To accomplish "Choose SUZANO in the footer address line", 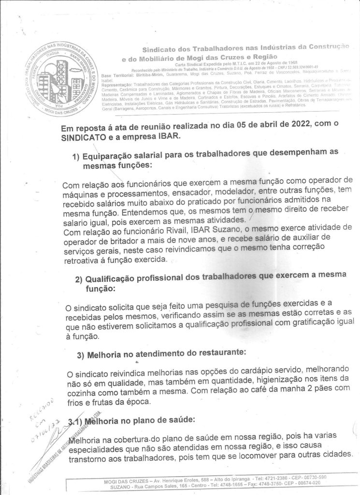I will point(116,489).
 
